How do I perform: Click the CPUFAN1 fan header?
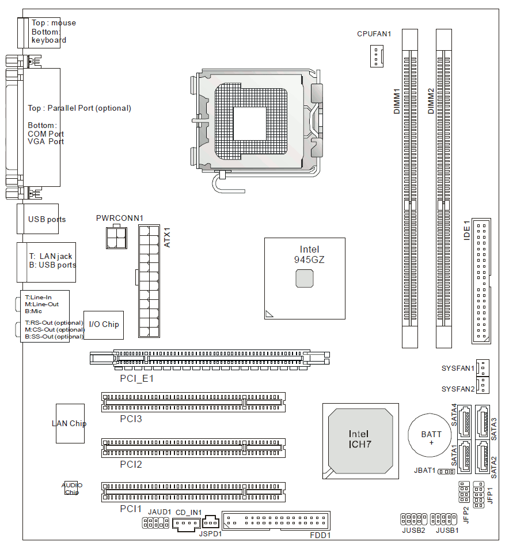click(x=377, y=56)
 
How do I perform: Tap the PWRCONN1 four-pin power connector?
click(x=116, y=238)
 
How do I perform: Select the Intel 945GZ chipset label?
click(x=309, y=254)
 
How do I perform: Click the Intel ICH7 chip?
click(x=360, y=441)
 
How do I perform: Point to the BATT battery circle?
click(x=430, y=435)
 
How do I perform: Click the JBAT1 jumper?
click(x=446, y=472)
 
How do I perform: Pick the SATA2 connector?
click(x=483, y=456)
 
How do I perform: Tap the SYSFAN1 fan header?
click(x=483, y=368)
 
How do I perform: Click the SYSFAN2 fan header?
click(x=483, y=385)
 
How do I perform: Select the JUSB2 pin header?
click(x=413, y=518)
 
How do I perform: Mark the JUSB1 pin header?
click(x=443, y=518)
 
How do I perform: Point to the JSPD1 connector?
click(x=211, y=522)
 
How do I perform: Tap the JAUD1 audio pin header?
click(x=155, y=522)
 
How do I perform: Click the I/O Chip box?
click(x=104, y=325)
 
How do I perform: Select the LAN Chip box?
click(x=70, y=423)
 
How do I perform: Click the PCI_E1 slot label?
click(x=136, y=378)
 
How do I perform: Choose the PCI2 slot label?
click(x=131, y=464)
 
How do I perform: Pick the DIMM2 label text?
click(x=431, y=101)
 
